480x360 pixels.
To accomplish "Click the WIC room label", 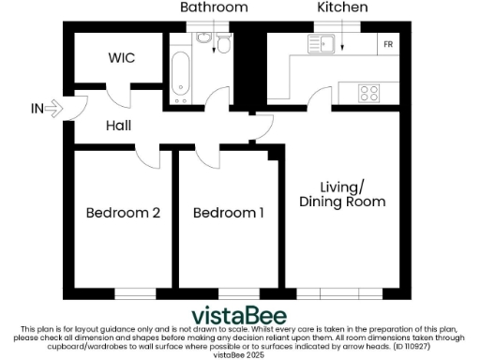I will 121,58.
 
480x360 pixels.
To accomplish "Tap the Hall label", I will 118,125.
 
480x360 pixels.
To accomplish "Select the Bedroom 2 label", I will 123,213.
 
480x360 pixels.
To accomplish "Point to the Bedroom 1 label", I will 228,213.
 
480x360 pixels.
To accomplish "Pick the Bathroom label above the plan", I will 215,7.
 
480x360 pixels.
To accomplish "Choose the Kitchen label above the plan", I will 342,7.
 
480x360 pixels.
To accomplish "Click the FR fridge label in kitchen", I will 387,44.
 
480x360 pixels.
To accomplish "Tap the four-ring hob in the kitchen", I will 369,93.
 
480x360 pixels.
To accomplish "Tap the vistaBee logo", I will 240,315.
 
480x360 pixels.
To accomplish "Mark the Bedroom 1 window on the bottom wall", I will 230,294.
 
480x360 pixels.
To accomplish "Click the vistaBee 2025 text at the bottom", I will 240,354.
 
